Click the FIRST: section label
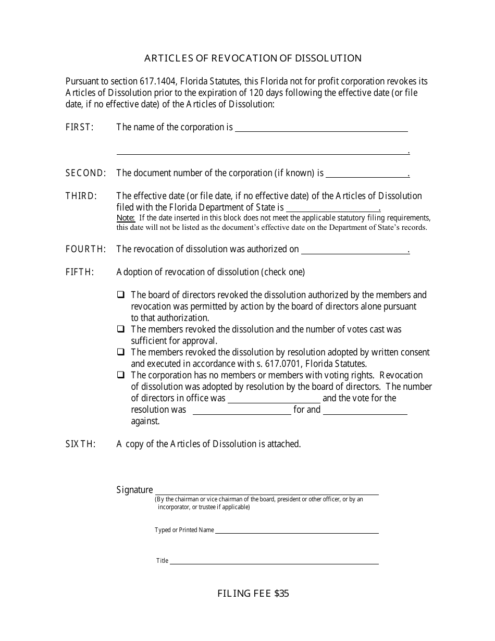click(x=79, y=127)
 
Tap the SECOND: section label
click(x=85, y=173)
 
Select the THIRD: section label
click(x=81, y=196)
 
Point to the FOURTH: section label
click(x=85, y=249)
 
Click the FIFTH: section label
click(x=79, y=272)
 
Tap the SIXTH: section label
click(x=80, y=444)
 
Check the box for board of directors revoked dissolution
click(x=121, y=294)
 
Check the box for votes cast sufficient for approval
click(x=121, y=329)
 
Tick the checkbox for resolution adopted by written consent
click(x=121, y=352)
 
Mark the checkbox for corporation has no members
click(x=121, y=375)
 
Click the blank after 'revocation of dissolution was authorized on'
click(x=354, y=250)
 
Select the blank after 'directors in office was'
click(x=274, y=399)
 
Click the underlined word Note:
click(x=126, y=218)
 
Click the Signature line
click(x=267, y=491)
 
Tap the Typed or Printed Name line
click(x=297, y=530)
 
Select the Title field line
click(x=274, y=561)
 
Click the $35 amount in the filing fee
click(x=281, y=593)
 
